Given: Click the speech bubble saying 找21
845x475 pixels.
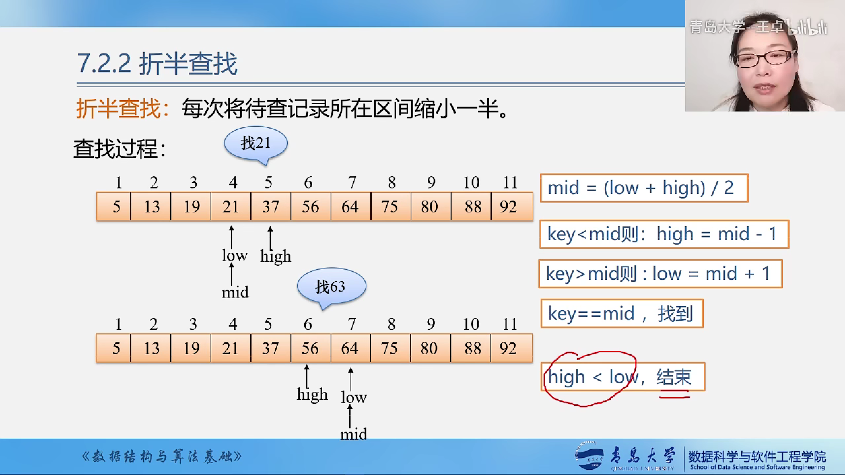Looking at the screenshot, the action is pos(256,143).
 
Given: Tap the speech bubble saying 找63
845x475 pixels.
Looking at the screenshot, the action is pos(331,286).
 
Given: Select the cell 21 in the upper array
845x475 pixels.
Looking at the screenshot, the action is pos(231,206).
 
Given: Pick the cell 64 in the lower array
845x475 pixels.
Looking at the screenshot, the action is pos(351,348).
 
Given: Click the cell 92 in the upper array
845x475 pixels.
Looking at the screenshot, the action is pos(512,206).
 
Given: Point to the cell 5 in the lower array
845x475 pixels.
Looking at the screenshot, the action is pos(114,348).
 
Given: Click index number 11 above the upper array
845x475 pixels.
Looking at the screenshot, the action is pos(510,182).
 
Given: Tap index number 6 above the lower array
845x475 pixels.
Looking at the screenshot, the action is pos(308,324).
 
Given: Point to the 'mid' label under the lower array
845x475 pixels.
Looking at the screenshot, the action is pos(354,434).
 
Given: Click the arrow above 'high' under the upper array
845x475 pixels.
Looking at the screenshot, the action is pos(270,238).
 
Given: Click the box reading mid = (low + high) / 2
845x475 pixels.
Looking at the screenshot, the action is pos(644,188).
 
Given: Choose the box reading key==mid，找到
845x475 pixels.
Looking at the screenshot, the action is pos(622,313).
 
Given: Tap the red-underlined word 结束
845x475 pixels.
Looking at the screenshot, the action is pos(674,377).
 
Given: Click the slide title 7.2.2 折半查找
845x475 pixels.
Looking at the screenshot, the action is pos(157,64).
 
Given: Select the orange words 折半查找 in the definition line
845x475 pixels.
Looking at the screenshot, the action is pos(118,108).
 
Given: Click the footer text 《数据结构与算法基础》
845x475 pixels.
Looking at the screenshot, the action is pos(162,457).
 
